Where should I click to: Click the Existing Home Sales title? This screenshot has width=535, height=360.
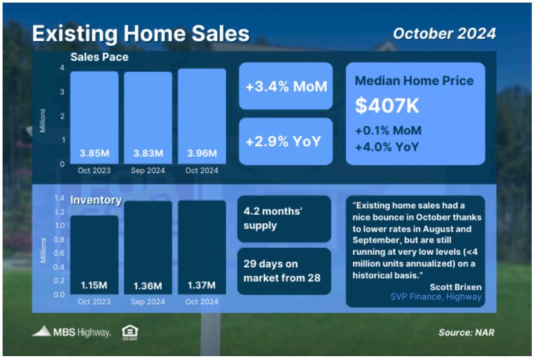(141, 34)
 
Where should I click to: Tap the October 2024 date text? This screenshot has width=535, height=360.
(444, 34)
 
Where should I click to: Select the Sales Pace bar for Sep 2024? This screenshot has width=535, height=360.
(148, 118)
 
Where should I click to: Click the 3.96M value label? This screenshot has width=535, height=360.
(202, 153)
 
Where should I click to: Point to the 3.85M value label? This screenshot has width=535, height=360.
(95, 153)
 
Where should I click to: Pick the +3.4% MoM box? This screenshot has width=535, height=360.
(286, 86)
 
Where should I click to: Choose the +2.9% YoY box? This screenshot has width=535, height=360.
(286, 141)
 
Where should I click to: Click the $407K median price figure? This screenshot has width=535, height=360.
(387, 105)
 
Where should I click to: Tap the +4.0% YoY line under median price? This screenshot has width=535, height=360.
(387, 147)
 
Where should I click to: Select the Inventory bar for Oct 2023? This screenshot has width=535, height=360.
(94, 255)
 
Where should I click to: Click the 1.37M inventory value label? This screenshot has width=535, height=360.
(202, 285)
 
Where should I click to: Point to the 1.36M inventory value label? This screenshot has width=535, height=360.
(148, 286)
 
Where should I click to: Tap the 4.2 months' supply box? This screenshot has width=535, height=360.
(284, 219)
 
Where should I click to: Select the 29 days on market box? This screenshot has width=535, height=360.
(284, 271)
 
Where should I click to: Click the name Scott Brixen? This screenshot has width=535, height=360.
(456, 287)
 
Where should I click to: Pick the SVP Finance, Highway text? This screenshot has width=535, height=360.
(436, 297)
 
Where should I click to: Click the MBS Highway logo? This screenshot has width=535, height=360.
(72, 332)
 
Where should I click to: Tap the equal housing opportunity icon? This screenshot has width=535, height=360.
(130, 332)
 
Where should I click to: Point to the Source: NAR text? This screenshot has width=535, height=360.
(466, 332)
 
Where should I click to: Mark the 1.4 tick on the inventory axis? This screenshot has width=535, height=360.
(59, 198)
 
